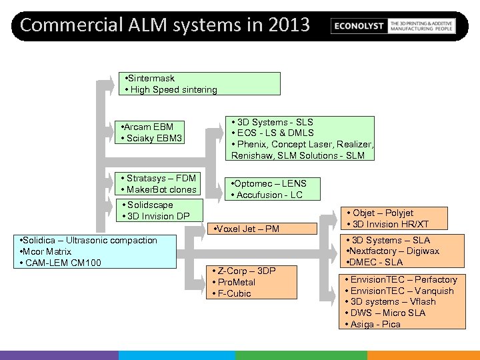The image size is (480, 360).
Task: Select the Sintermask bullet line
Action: click(x=151, y=78)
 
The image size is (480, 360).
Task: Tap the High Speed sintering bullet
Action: click(x=171, y=89)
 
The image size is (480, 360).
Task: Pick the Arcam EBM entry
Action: click(x=146, y=127)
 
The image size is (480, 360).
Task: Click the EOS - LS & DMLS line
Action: click(x=273, y=133)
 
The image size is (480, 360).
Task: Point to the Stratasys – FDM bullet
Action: click(x=158, y=178)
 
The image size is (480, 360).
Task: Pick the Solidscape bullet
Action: click(x=148, y=205)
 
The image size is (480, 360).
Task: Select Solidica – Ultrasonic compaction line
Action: click(x=89, y=240)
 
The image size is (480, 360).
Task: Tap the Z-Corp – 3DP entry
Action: click(x=243, y=271)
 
